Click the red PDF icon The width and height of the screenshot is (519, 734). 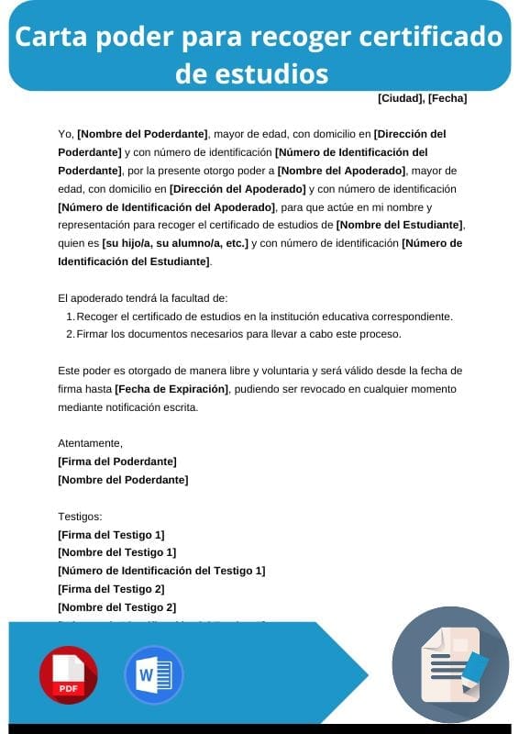click(68, 674)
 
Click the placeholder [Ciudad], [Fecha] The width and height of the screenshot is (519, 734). click(422, 97)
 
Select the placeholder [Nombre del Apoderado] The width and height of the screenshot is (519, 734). click(342, 171)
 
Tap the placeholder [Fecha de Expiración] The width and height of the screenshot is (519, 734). click(171, 389)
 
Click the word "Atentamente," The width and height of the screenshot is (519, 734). click(90, 443)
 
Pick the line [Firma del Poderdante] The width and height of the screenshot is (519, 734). click(116, 462)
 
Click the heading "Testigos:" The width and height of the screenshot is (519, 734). click(80, 517)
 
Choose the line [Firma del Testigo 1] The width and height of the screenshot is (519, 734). click(111, 535)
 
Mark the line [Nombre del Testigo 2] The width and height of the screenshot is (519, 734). click(116, 607)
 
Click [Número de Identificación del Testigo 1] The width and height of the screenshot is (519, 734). click(161, 571)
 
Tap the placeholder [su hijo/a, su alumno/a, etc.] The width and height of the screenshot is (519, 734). click(175, 243)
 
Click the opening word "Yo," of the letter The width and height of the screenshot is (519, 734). click(65, 134)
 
